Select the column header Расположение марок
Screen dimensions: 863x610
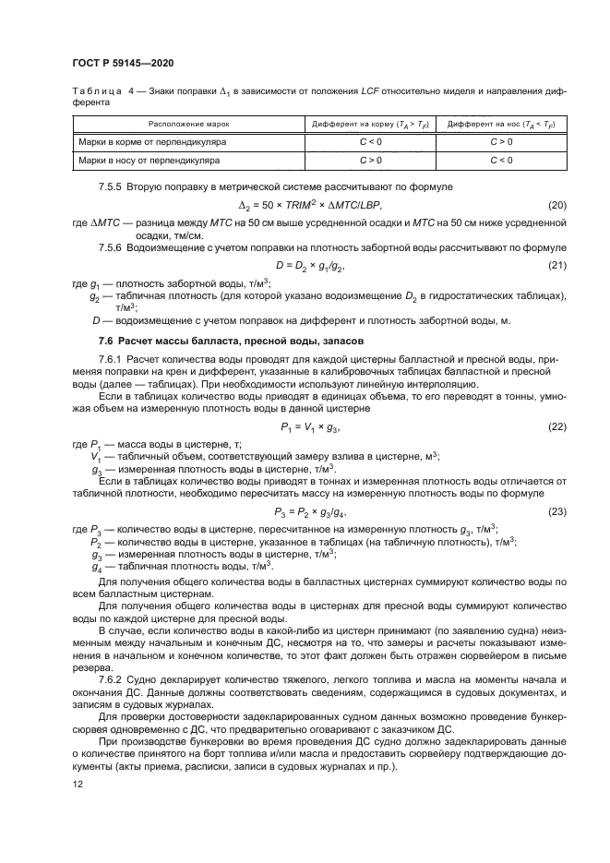pos(191,123)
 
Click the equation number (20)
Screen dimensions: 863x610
pos(556,203)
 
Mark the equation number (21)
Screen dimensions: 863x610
pos(556,265)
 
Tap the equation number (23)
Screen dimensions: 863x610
pos(556,511)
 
